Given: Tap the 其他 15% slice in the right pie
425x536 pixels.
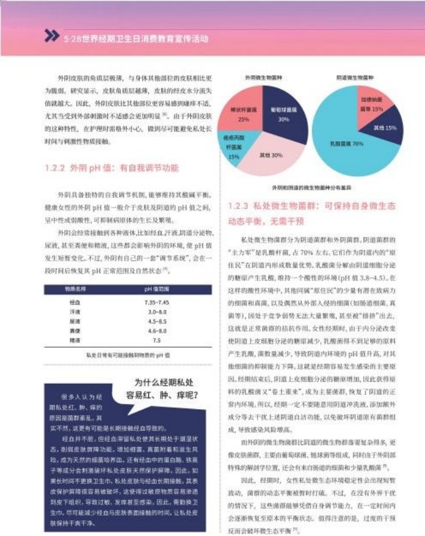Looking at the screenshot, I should tap(384, 126).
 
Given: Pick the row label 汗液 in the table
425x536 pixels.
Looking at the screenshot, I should tap(75, 312).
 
